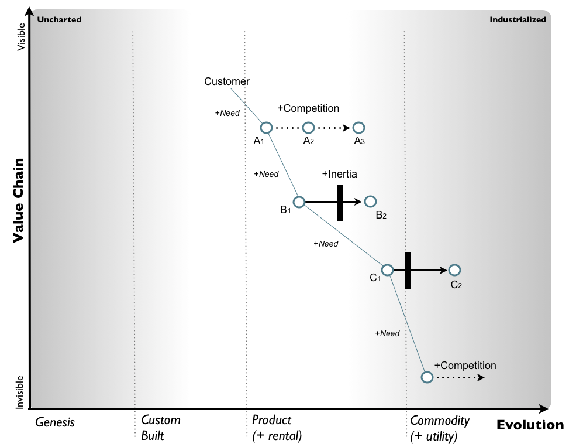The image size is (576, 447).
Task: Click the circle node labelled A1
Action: click(266, 128)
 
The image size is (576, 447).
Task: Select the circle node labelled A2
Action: click(308, 128)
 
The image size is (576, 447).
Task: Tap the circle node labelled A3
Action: click(359, 128)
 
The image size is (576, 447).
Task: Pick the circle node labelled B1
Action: click(299, 202)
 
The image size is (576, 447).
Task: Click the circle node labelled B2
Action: click(370, 202)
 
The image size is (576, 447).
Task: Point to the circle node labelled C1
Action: click(387, 270)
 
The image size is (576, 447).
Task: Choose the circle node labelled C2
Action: click(455, 270)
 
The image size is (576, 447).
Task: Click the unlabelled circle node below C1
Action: click(427, 377)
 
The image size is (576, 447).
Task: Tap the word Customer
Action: click(227, 81)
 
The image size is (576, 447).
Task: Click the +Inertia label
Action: click(339, 174)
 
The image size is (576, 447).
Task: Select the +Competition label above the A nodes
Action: click(308, 108)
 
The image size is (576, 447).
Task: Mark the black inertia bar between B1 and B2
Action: click(340, 202)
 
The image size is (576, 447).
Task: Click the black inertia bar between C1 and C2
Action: click(408, 270)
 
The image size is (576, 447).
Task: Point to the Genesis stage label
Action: click(55, 421)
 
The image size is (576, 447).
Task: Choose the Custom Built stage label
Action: click(161, 428)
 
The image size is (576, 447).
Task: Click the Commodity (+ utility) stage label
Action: click(440, 428)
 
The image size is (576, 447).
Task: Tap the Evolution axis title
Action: click(530, 425)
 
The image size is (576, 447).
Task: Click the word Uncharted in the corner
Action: click(59, 19)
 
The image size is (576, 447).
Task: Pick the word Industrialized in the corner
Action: click(518, 19)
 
